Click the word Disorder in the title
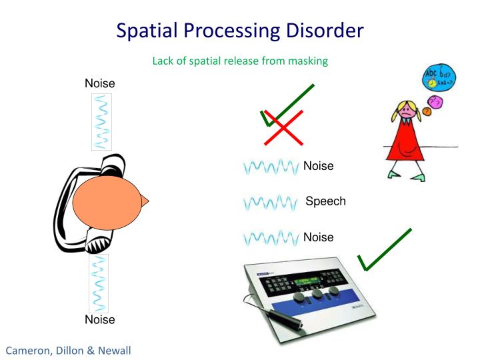(321, 31)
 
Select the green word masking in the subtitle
(308, 61)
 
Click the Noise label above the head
(100, 83)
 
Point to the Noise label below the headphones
(100, 319)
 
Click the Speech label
(325, 201)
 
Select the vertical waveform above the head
(101, 121)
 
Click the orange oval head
(107, 201)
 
